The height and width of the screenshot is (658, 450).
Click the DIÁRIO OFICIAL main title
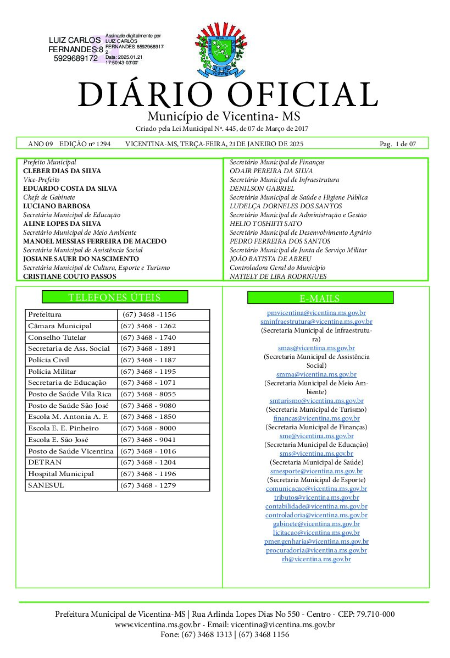[x=228, y=95]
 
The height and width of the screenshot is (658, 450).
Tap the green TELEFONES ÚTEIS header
[x=115, y=297]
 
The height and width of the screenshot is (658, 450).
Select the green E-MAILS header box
[x=320, y=298]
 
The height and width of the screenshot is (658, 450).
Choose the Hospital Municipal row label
[x=61, y=474]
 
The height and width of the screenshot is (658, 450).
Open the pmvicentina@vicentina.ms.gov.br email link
[x=316, y=313]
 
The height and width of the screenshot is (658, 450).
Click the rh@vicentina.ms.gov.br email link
[x=316, y=559]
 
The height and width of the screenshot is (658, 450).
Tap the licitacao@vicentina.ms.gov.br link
[x=316, y=533]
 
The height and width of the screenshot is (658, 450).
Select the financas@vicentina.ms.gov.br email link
[x=316, y=418]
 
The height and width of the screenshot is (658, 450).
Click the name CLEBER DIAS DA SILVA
[x=62, y=172]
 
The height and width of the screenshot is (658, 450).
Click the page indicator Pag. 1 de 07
[x=398, y=144]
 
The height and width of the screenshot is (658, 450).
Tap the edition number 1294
[x=103, y=144]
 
